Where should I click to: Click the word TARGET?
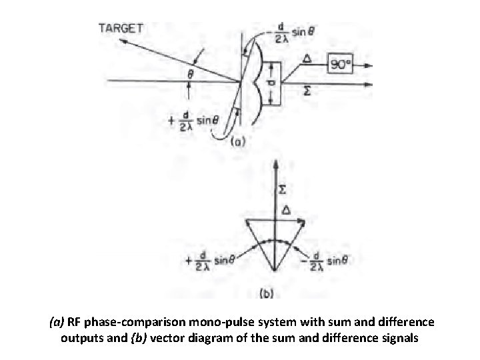coord(121,27)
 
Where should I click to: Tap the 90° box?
coord(345,65)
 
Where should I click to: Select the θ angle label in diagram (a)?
coord(190,75)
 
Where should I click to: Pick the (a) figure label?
coord(237,141)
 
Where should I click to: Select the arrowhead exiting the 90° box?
coord(377,65)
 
